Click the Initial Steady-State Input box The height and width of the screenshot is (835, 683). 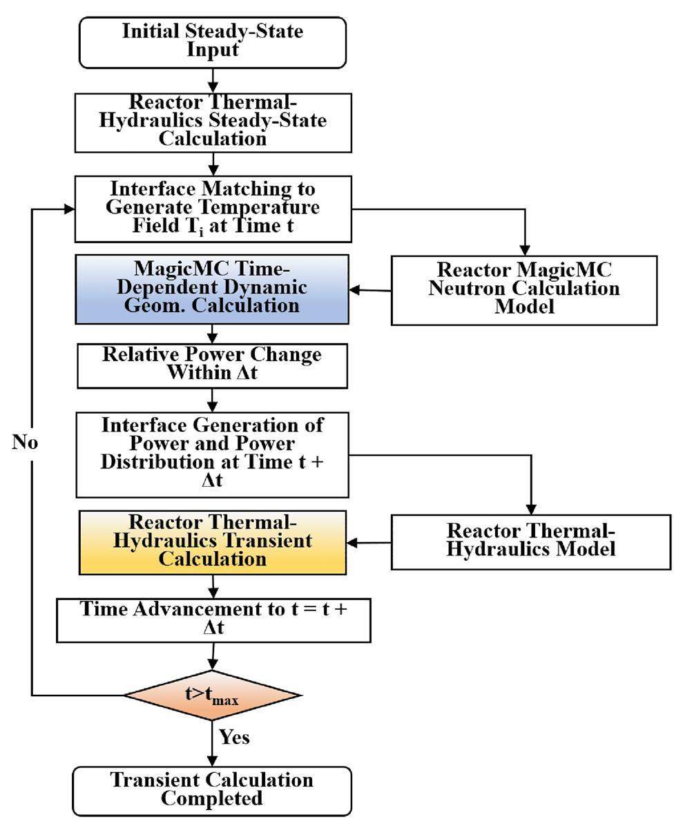click(213, 41)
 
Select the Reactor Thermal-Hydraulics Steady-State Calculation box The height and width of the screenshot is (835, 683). click(213, 122)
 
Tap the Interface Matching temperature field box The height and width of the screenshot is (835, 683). click(213, 208)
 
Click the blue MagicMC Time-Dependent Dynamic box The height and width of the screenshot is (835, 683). click(212, 289)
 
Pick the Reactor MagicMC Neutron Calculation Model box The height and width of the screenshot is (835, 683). click(523, 289)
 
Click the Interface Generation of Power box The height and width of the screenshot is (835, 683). click(212, 454)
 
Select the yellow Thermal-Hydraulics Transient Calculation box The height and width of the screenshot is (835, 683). click(212, 541)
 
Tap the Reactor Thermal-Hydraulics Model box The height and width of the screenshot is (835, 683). click(530, 541)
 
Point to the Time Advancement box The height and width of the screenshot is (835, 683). click(213, 620)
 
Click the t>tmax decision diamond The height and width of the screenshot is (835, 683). click(212, 694)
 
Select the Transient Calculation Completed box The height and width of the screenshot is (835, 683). click(212, 789)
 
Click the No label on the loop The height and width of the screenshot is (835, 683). click(25, 443)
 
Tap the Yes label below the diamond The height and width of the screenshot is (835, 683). click(234, 737)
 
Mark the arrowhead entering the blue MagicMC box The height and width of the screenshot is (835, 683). click(356, 290)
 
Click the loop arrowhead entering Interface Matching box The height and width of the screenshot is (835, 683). click(68, 209)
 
